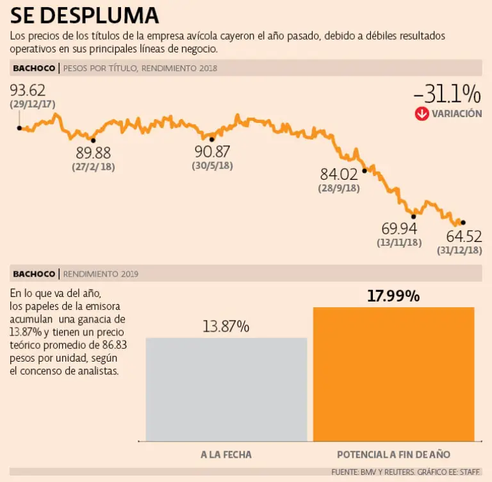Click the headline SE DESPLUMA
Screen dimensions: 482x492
coord(85,15)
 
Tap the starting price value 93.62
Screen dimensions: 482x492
coord(28,90)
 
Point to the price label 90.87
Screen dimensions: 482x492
coord(212,152)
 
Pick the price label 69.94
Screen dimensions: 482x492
coord(398,229)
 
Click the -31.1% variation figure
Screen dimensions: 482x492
coord(447,95)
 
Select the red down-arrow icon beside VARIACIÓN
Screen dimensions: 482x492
coord(422,114)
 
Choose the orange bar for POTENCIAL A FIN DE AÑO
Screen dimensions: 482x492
coord(393,374)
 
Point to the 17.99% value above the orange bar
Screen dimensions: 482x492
coord(393,296)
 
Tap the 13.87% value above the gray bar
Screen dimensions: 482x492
coord(226,326)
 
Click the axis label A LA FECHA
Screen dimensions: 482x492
coord(226,454)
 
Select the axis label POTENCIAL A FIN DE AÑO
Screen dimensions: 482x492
coord(393,454)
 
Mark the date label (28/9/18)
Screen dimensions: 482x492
coord(339,189)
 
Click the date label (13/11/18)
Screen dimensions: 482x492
coord(398,243)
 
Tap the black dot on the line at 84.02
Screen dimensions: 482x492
coord(364,170)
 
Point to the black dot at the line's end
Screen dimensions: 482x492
coord(463,222)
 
